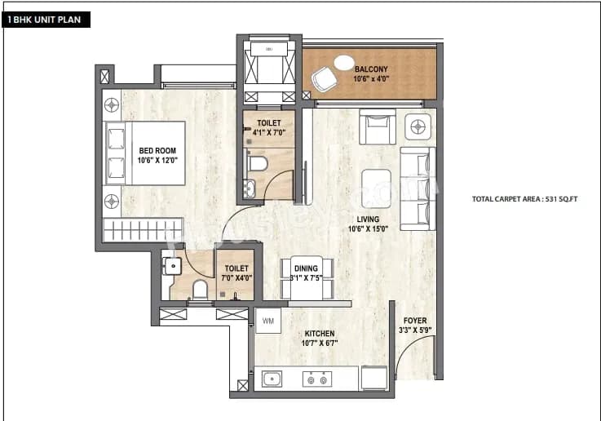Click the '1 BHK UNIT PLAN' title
46,19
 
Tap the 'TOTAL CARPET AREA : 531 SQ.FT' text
524,199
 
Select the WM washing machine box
267,321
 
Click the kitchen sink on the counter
272,379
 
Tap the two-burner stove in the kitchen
315,379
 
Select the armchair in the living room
377,128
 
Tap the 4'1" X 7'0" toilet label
268,127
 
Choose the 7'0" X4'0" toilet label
236,273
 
